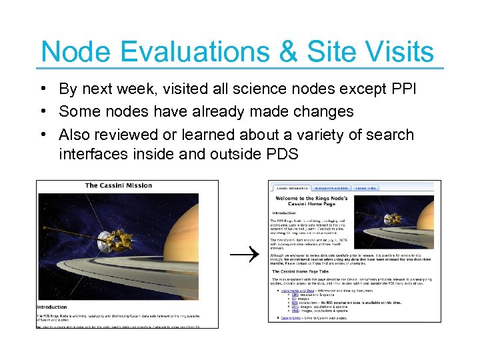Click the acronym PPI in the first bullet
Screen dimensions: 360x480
[x=403, y=89]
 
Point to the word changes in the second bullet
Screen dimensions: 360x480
[x=321, y=111]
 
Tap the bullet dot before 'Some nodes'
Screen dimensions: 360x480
[x=42, y=111]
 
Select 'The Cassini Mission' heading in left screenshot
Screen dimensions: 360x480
[x=119, y=185]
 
